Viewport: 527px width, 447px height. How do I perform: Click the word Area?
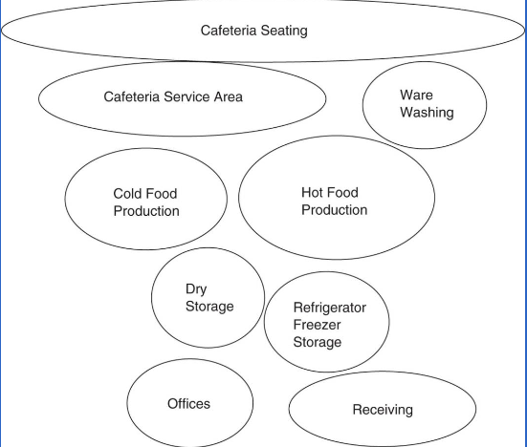coord(229,96)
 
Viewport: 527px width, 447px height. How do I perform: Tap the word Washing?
coord(427,113)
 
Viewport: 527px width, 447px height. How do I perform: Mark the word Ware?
coord(416,96)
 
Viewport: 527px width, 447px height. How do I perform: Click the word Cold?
coord(129,194)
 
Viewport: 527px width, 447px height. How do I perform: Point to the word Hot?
coord(314,193)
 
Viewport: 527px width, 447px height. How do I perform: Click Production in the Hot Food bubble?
coord(334,210)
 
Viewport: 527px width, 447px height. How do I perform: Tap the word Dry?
coord(196,289)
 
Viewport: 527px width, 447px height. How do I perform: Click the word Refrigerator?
coord(329,308)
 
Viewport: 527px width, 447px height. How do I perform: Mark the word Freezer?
coord(317,325)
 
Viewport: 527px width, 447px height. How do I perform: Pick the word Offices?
coord(188,404)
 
